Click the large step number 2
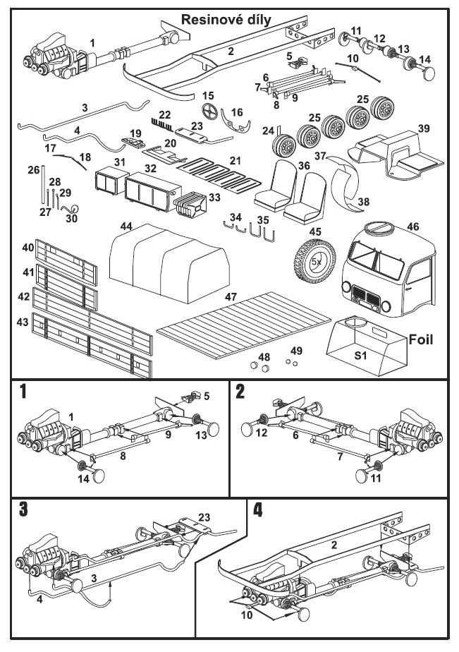pos(241,393)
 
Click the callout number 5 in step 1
pos(207,397)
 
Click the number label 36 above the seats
pos(305,165)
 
